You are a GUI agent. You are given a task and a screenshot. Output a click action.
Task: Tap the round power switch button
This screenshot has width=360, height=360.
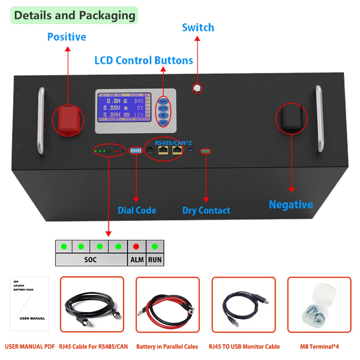[x=197, y=88]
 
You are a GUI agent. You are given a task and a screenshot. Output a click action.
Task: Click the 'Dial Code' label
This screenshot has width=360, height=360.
[x=137, y=211]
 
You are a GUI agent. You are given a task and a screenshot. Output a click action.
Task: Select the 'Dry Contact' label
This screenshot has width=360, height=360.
[x=206, y=211]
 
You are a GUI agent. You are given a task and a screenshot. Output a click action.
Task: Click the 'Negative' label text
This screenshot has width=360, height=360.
[x=291, y=205]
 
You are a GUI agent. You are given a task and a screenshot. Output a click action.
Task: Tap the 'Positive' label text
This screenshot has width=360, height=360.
[x=67, y=37]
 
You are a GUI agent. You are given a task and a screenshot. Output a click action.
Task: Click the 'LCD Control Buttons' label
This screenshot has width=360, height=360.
[x=144, y=61]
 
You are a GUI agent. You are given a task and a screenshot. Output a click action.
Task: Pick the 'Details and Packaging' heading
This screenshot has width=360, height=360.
[x=74, y=16]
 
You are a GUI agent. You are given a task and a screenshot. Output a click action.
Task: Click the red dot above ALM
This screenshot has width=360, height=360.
[x=136, y=246]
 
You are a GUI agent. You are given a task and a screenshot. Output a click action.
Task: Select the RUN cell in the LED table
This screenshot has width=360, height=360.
[x=155, y=260]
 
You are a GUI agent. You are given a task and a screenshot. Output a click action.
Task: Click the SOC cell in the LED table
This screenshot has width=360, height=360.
[x=91, y=260]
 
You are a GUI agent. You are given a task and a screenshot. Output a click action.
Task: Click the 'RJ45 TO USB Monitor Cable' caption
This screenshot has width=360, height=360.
[x=244, y=347]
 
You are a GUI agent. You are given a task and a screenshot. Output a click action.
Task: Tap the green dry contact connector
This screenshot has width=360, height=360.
[x=206, y=151]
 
